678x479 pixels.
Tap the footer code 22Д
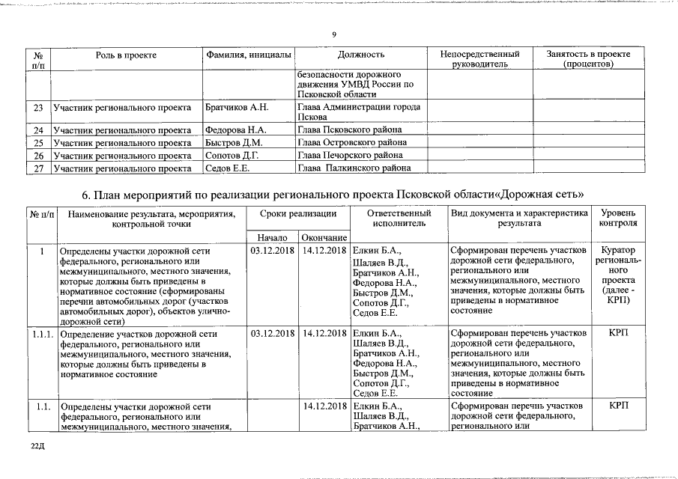38,446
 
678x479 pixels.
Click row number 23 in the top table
38,107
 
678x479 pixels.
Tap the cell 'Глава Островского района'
352,143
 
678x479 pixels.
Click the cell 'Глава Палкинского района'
351,168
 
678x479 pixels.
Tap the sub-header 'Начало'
273,237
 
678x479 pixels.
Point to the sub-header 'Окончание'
324,237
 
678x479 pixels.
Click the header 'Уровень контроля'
618,218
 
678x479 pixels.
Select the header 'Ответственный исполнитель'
399,218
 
